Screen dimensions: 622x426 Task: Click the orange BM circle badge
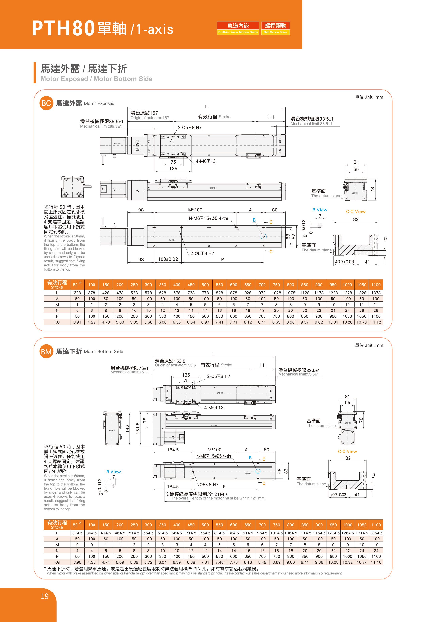pos(46,351)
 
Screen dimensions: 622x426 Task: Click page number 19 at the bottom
pos(45,597)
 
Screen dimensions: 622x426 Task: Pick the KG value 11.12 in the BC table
pos(375,322)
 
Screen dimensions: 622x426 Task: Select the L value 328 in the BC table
pos(77,293)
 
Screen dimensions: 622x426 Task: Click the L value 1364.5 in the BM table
pos(376,533)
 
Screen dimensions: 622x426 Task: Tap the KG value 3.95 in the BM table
pos(77,562)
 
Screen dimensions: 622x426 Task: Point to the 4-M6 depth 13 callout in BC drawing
pos(206,161)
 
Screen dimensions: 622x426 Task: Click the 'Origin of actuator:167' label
pos(150,118)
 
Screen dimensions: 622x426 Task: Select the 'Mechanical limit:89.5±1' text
pos(101,126)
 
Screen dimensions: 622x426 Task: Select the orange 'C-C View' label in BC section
pos(355,212)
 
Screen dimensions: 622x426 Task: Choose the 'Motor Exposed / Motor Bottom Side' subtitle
pos(96,79)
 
